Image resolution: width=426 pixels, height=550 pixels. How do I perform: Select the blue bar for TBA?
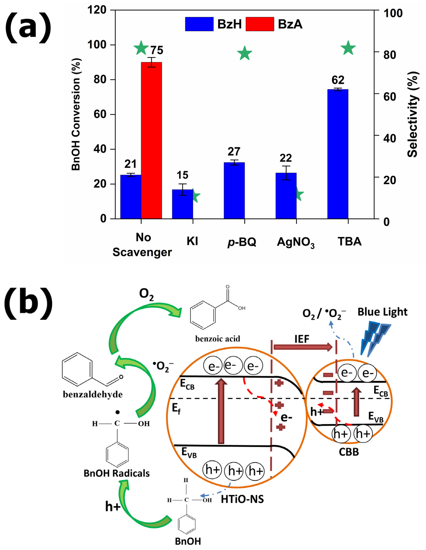[338, 154]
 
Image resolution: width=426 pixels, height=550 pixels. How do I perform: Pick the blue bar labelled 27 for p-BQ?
[234, 190]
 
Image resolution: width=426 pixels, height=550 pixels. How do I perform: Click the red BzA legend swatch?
[260, 24]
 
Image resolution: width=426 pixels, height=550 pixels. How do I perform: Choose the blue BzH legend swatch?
[199, 24]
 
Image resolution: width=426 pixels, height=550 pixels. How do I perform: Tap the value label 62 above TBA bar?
[338, 80]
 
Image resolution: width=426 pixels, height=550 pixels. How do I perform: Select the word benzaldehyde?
[93, 394]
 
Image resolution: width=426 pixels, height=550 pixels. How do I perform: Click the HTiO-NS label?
[242, 499]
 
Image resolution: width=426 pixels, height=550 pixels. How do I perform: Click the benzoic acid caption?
[218, 339]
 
